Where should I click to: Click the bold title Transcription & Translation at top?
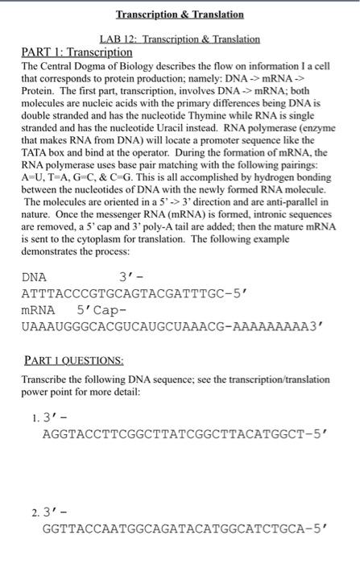click(x=180, y=15)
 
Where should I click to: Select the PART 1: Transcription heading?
click(x=76, y=52)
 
